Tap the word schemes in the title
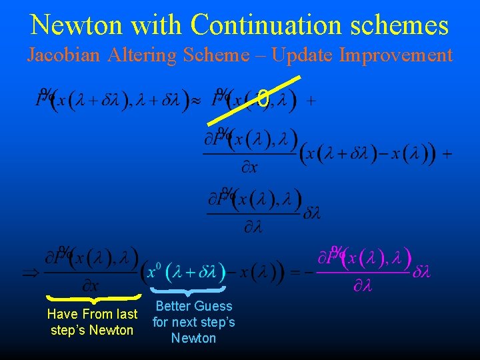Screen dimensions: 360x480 pyautogui.click(x=401, y=25)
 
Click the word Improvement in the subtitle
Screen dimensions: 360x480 pyautogui.click(x=396, y=55)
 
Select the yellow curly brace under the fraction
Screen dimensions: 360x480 pyautogui.click(x=93, y=298)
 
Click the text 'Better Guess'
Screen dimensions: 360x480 pyautogui.click(x=193, y=306)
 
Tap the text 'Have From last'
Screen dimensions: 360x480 pyautogui.click(x=92, y=314)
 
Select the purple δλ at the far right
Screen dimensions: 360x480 pyautogui.click(x=423, y=273)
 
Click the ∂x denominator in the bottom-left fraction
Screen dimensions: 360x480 pyautogui.click(x=91, y=286)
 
